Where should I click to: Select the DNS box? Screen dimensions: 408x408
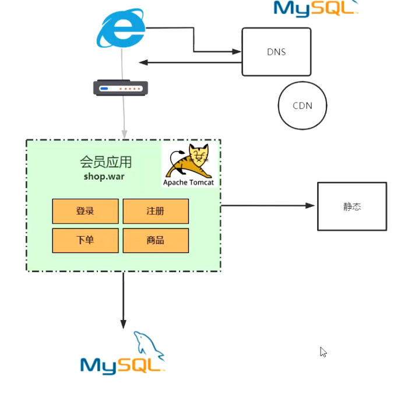[x=276, y=52]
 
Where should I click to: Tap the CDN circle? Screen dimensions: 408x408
[x=303, y=105]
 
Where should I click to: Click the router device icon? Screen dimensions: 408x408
[x=121, y=88]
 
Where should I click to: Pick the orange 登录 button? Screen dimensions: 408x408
[x=85, y=211]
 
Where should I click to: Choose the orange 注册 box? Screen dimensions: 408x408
[x=156, y=211]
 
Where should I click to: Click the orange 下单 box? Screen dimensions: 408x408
[x=85, y=240]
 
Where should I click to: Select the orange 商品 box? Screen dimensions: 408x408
[x=156, y=240]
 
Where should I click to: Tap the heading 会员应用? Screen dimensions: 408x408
[x=105, y=161]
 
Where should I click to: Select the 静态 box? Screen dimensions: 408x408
[x=351, y=206]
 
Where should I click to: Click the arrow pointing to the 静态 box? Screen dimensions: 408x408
[x=268, y=205]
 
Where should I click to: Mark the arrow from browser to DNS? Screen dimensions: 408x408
[x=194, y=41]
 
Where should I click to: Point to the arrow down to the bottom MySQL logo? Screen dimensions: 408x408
[x=123, y=300]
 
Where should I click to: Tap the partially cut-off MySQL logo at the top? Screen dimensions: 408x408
[x=315, y=8]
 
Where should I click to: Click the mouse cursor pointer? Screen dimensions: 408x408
[x=323, y=351]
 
